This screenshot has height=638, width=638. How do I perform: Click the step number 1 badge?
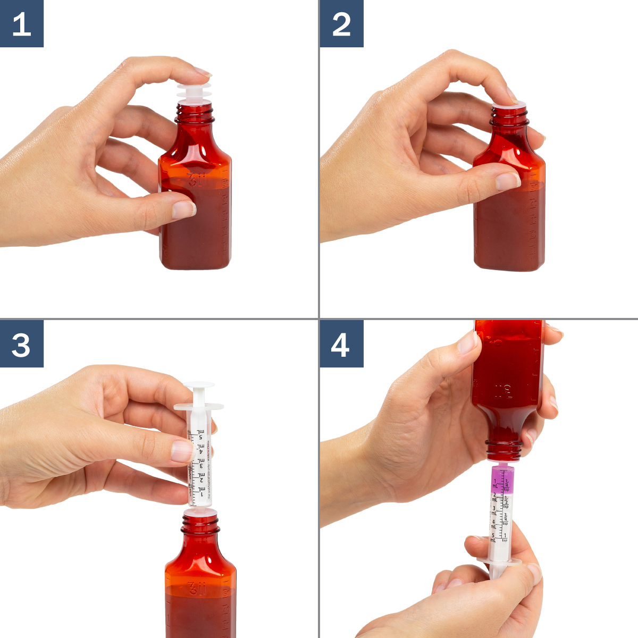click(x=21, y=23)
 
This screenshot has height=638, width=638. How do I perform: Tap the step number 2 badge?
click(x=341, y=23)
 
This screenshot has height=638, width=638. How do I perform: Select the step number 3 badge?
click(x=21, y=343)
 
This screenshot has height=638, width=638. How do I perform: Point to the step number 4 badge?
click(x=341, y=343)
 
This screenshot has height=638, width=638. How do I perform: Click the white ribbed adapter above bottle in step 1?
click(x=194, y=94)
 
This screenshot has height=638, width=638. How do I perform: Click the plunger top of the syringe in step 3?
click(x=199, y=384)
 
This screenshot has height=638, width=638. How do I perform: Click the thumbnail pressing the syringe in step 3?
click(x=181, y=451)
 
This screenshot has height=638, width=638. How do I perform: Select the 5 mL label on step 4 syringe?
click(x=493, y=537)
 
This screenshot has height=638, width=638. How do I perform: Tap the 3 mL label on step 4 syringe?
click(x=494, y=510)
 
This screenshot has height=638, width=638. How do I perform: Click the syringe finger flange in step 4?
click(x=499, y=561)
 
